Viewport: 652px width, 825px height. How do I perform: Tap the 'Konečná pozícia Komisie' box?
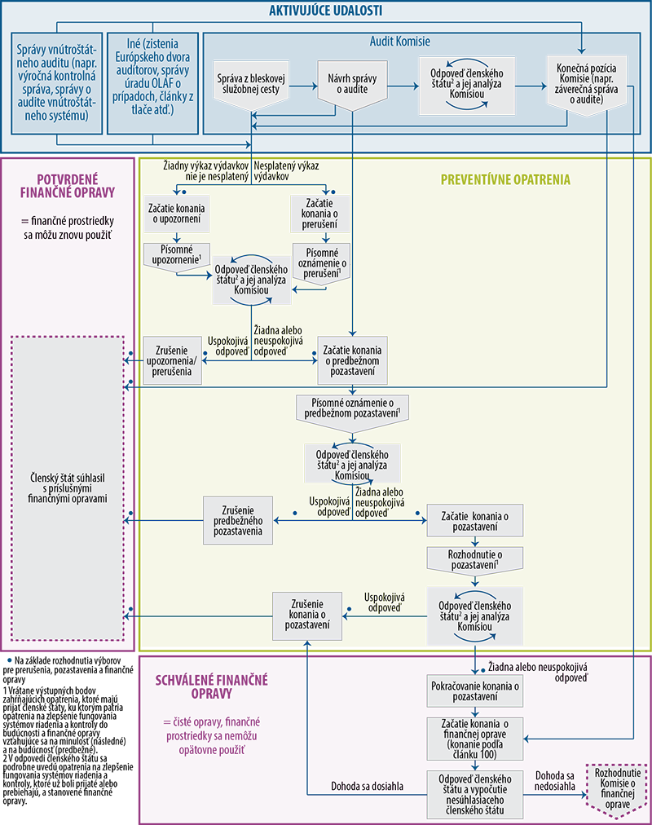point(587,84)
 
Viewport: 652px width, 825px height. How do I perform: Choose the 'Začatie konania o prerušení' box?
point(326,214)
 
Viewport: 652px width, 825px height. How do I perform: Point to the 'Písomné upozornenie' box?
point(178,254)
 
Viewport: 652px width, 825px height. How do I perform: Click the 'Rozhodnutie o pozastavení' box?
point(474,560)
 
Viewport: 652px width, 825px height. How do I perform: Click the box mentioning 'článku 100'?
point(474,739)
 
